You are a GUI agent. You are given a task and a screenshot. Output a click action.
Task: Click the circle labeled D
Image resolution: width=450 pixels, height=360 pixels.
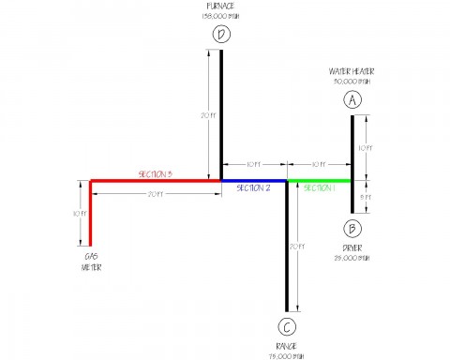pyautogui.click(x=221, y=36)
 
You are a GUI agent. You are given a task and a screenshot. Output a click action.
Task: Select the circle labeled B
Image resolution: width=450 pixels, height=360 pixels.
pyautogui.click(x=352, y=228)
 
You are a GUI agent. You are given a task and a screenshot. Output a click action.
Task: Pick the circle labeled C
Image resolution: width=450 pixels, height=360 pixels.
pyautogui.click(x=287, y=327)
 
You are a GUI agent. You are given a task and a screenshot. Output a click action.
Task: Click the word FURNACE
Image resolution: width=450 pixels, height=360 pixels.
pyautogui.click(x=221, y=7)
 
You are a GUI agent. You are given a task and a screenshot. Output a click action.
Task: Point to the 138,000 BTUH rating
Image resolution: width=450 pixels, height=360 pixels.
pyautogui.click(x=221, y=17)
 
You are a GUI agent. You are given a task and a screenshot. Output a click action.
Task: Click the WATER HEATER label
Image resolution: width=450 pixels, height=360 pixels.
pyautogui.click(x=352, y=70)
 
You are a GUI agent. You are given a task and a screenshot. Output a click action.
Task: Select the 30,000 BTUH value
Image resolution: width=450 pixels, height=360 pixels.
pyautogui.click(x=352, y=81)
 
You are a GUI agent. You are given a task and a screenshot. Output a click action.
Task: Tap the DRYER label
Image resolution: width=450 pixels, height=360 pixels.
pyautogui.click(x=352, y=248)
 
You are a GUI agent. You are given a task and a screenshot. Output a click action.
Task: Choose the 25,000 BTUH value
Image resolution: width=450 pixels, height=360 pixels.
pyautogui.click(x=352, y=259)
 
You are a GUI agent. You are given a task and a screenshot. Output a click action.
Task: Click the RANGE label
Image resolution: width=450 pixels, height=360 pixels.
pyautogui.click(x=287, y=346)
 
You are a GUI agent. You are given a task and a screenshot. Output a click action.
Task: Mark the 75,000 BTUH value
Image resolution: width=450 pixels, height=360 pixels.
pyautogui.click(x=287, y=355)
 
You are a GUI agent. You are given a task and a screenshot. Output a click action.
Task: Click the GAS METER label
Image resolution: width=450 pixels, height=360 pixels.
pyautogui.click(x=91, y=260)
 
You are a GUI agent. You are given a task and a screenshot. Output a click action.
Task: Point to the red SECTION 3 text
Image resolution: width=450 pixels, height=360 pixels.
pyautogui.click(x=156, y=174)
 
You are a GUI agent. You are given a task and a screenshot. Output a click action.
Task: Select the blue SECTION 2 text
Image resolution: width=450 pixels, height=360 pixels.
pyautogui.click(x=253, y=187)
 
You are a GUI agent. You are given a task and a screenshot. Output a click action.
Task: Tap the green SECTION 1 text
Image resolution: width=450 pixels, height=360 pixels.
pyautogui.click(x=319, y=187)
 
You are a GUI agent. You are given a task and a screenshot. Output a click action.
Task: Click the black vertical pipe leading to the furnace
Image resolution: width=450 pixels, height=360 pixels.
pyautogui.click(x=221, y=112)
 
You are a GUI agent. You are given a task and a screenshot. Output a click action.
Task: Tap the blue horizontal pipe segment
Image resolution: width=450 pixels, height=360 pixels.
pyautogui.click(x=253, y=180)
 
